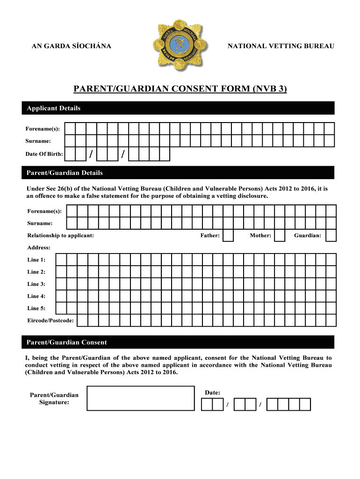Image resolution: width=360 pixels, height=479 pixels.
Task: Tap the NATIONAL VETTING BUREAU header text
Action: (x=281, y=46)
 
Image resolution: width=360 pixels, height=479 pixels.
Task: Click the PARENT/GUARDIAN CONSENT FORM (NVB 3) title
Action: (x=180, y=89)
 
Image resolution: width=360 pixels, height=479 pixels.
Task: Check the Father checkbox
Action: (x=228, y=235)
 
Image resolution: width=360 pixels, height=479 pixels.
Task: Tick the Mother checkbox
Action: (x=279, y=235)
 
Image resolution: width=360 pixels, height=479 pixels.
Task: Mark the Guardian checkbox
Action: (x=331, y=235)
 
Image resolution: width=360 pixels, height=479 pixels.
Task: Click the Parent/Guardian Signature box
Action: (x=141, y=398)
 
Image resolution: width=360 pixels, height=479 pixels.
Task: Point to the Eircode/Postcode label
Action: (x=50, y=320)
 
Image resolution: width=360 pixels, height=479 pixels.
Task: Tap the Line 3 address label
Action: (x=36, y=284)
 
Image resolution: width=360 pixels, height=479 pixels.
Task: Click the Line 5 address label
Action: (x=36, y=308)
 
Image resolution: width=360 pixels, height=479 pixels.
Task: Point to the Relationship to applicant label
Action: (x=60, y=235)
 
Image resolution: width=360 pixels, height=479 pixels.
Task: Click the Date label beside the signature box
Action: (x=213, y=392)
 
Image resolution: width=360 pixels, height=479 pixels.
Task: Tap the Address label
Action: (x=38, y=247)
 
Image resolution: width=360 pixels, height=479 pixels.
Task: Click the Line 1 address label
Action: (x=36, y=260)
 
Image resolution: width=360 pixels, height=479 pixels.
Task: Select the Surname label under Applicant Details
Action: (x=38, y=140)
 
